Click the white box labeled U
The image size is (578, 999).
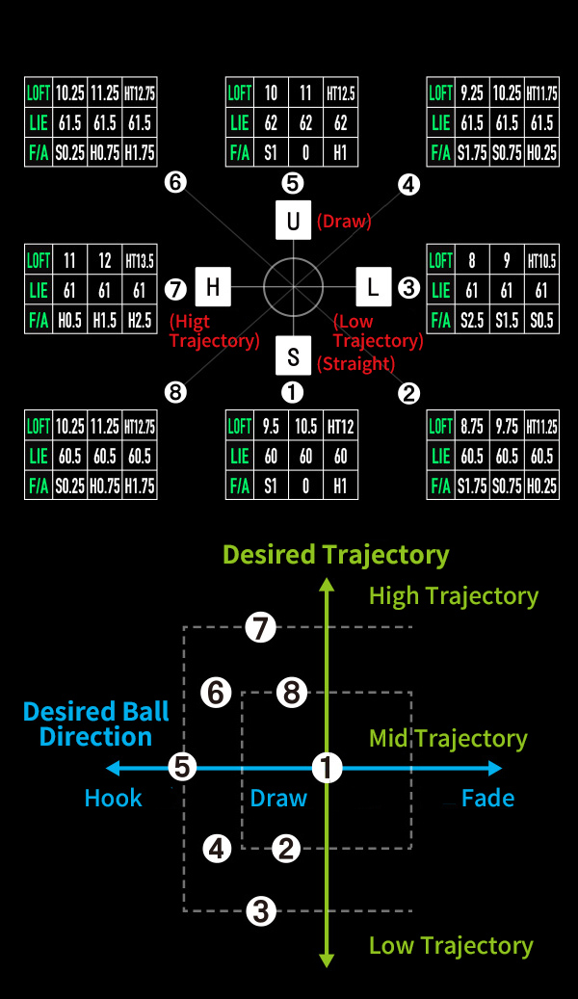tap(293, 220)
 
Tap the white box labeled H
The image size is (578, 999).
tap(213, 286)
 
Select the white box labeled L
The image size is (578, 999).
tap(373, 286)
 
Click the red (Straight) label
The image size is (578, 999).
tap(355, 364)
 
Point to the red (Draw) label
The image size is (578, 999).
tap(344, 222)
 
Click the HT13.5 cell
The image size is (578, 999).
tap(140, 260)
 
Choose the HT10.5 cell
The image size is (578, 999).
tap(542, 260)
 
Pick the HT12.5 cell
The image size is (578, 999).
tap(341, 93)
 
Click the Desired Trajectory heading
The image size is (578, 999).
tap(335, 555)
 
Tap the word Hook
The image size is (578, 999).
tap(113, 799)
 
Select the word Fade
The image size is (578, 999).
tap(487, 799)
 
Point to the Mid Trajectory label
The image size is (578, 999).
tap(448, 739)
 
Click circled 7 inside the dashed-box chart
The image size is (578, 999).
tap(260, 628)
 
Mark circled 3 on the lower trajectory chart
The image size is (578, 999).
tap(260, 910)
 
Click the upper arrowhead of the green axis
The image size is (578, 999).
tap(328, 584)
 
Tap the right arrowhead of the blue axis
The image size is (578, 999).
tap(496, 768)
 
